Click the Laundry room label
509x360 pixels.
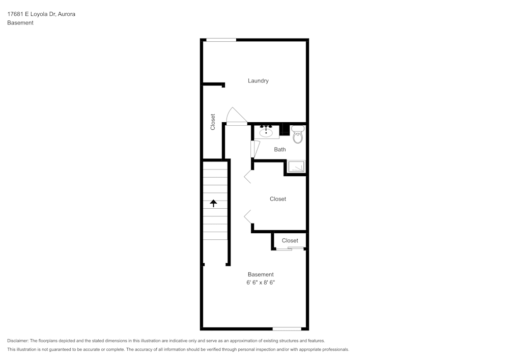(258, 80)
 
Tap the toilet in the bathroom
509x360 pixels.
(298, 135)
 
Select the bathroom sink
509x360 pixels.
(266, 132)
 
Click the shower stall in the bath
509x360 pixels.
(296, 167)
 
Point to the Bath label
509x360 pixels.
(280, 150)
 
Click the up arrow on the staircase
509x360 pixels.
(214, 203)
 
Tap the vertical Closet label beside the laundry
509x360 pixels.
(213, 121)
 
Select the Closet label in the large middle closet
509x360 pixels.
(278, 199)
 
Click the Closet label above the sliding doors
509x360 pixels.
(290, 240)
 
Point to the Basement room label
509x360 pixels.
(261, 274)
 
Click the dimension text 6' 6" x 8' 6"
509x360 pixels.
(261, 282)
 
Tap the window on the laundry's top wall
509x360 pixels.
(221, 40)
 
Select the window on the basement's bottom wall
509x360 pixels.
(287, 328)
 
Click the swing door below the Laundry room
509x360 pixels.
(235, 117)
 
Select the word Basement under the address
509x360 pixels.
(20, 23)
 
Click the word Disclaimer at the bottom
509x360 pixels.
(18, 341)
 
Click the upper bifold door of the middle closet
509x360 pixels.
(247, 176)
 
